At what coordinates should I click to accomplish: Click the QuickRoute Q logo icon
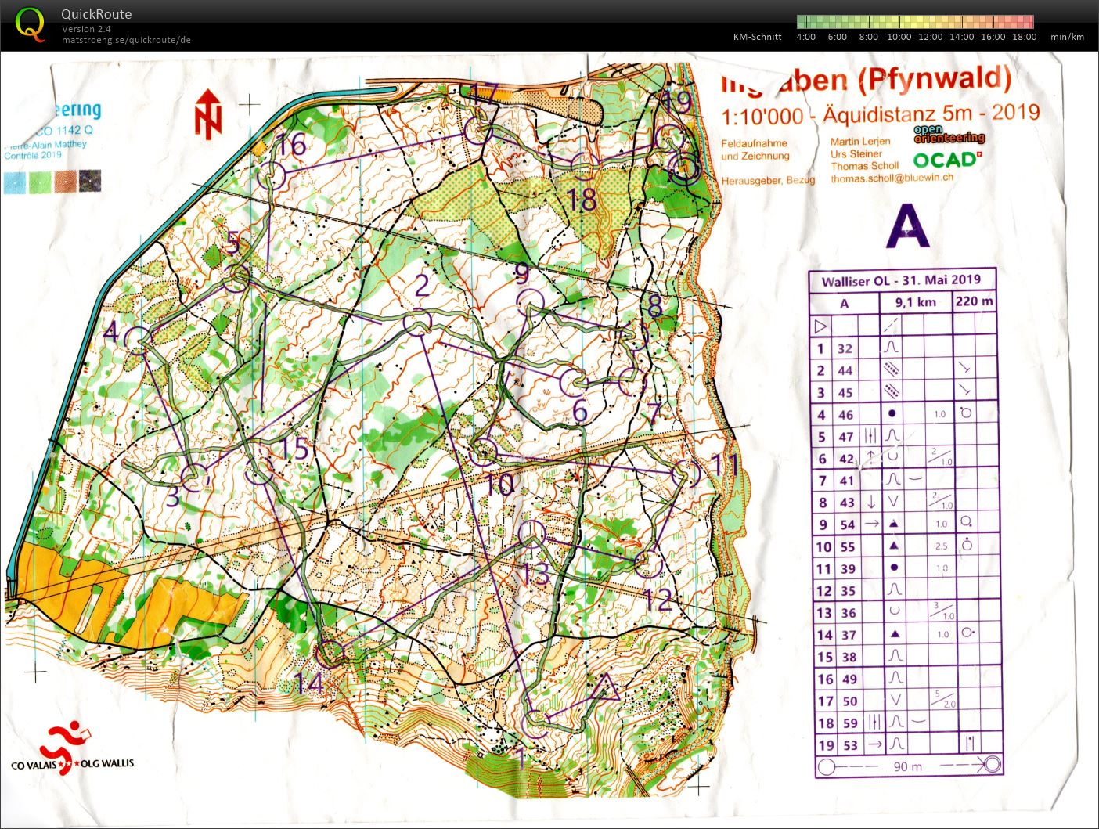[30, 23]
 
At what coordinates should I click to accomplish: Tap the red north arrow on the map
[208, 114]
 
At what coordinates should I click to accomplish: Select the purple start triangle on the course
[603, 688]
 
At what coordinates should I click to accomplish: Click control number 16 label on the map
[291, 145]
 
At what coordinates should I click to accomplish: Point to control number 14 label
[308, 683]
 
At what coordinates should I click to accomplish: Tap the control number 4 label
[110, 332]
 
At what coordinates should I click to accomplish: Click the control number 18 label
[582, 200]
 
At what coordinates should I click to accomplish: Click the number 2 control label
[422, 286]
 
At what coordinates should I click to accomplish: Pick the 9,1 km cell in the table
[916, 302]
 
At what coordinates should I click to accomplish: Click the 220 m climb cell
[975, 301]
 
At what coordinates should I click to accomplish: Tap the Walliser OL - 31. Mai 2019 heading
[901, 280]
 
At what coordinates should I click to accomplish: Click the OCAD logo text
[944, 160]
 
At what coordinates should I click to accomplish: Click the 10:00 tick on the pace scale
[899, 37]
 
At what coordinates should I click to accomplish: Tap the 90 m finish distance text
[907, 766]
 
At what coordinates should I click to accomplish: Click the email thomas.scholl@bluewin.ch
[892, 178]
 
